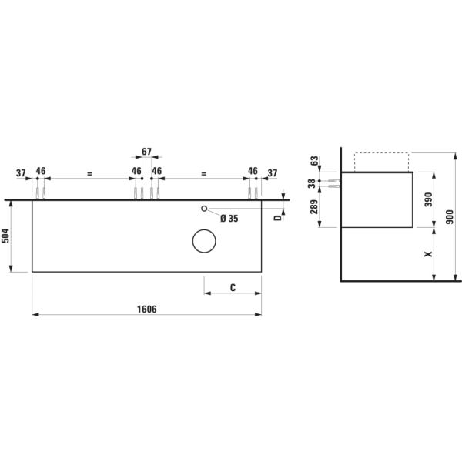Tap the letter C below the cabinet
pos(233,287)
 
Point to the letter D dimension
pos(278,217)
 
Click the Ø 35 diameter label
pos(229,219)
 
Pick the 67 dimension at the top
pos(147,152)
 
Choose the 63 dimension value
pos(314,161)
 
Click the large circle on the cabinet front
pos(204,242)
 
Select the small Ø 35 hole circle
pos(204,209)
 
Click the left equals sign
pos(89,175)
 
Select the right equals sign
pos(203,175)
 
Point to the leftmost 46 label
pos(41,171)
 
